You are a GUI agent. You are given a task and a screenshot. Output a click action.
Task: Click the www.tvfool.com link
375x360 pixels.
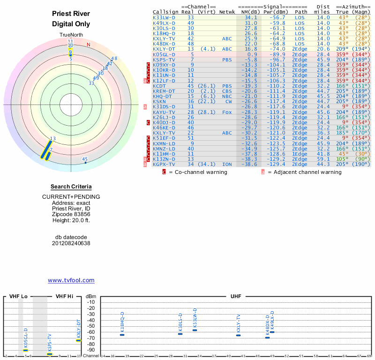tap(71, 280)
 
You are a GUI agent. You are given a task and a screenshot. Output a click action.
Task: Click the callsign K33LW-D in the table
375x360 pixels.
tap(164, 17)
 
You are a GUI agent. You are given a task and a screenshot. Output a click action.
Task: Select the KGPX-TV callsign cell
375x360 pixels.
tap(164, 165)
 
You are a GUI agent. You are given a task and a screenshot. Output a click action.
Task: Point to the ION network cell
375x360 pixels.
tap(227, 165)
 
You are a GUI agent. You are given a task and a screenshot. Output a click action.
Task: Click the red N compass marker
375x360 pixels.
tap(88, 45)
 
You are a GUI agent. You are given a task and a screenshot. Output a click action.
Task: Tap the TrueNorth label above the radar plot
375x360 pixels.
tap(71, 35)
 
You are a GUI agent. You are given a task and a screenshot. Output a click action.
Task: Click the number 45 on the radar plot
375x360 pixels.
tap(85, 159)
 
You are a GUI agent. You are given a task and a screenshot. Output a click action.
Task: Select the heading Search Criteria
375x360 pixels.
tap(71, 187)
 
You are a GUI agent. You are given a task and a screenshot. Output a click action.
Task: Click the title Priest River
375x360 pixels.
tap(71, 14)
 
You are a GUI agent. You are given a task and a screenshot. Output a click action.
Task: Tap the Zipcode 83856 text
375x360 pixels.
tap(71, 213)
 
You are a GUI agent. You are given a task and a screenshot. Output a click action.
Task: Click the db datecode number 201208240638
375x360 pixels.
tap(71, 243)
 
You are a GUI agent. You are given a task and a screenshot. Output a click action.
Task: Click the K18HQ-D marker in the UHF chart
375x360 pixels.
tap(122, 335)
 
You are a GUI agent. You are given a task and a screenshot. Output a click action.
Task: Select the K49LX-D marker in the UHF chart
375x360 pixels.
tap(272, 332)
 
